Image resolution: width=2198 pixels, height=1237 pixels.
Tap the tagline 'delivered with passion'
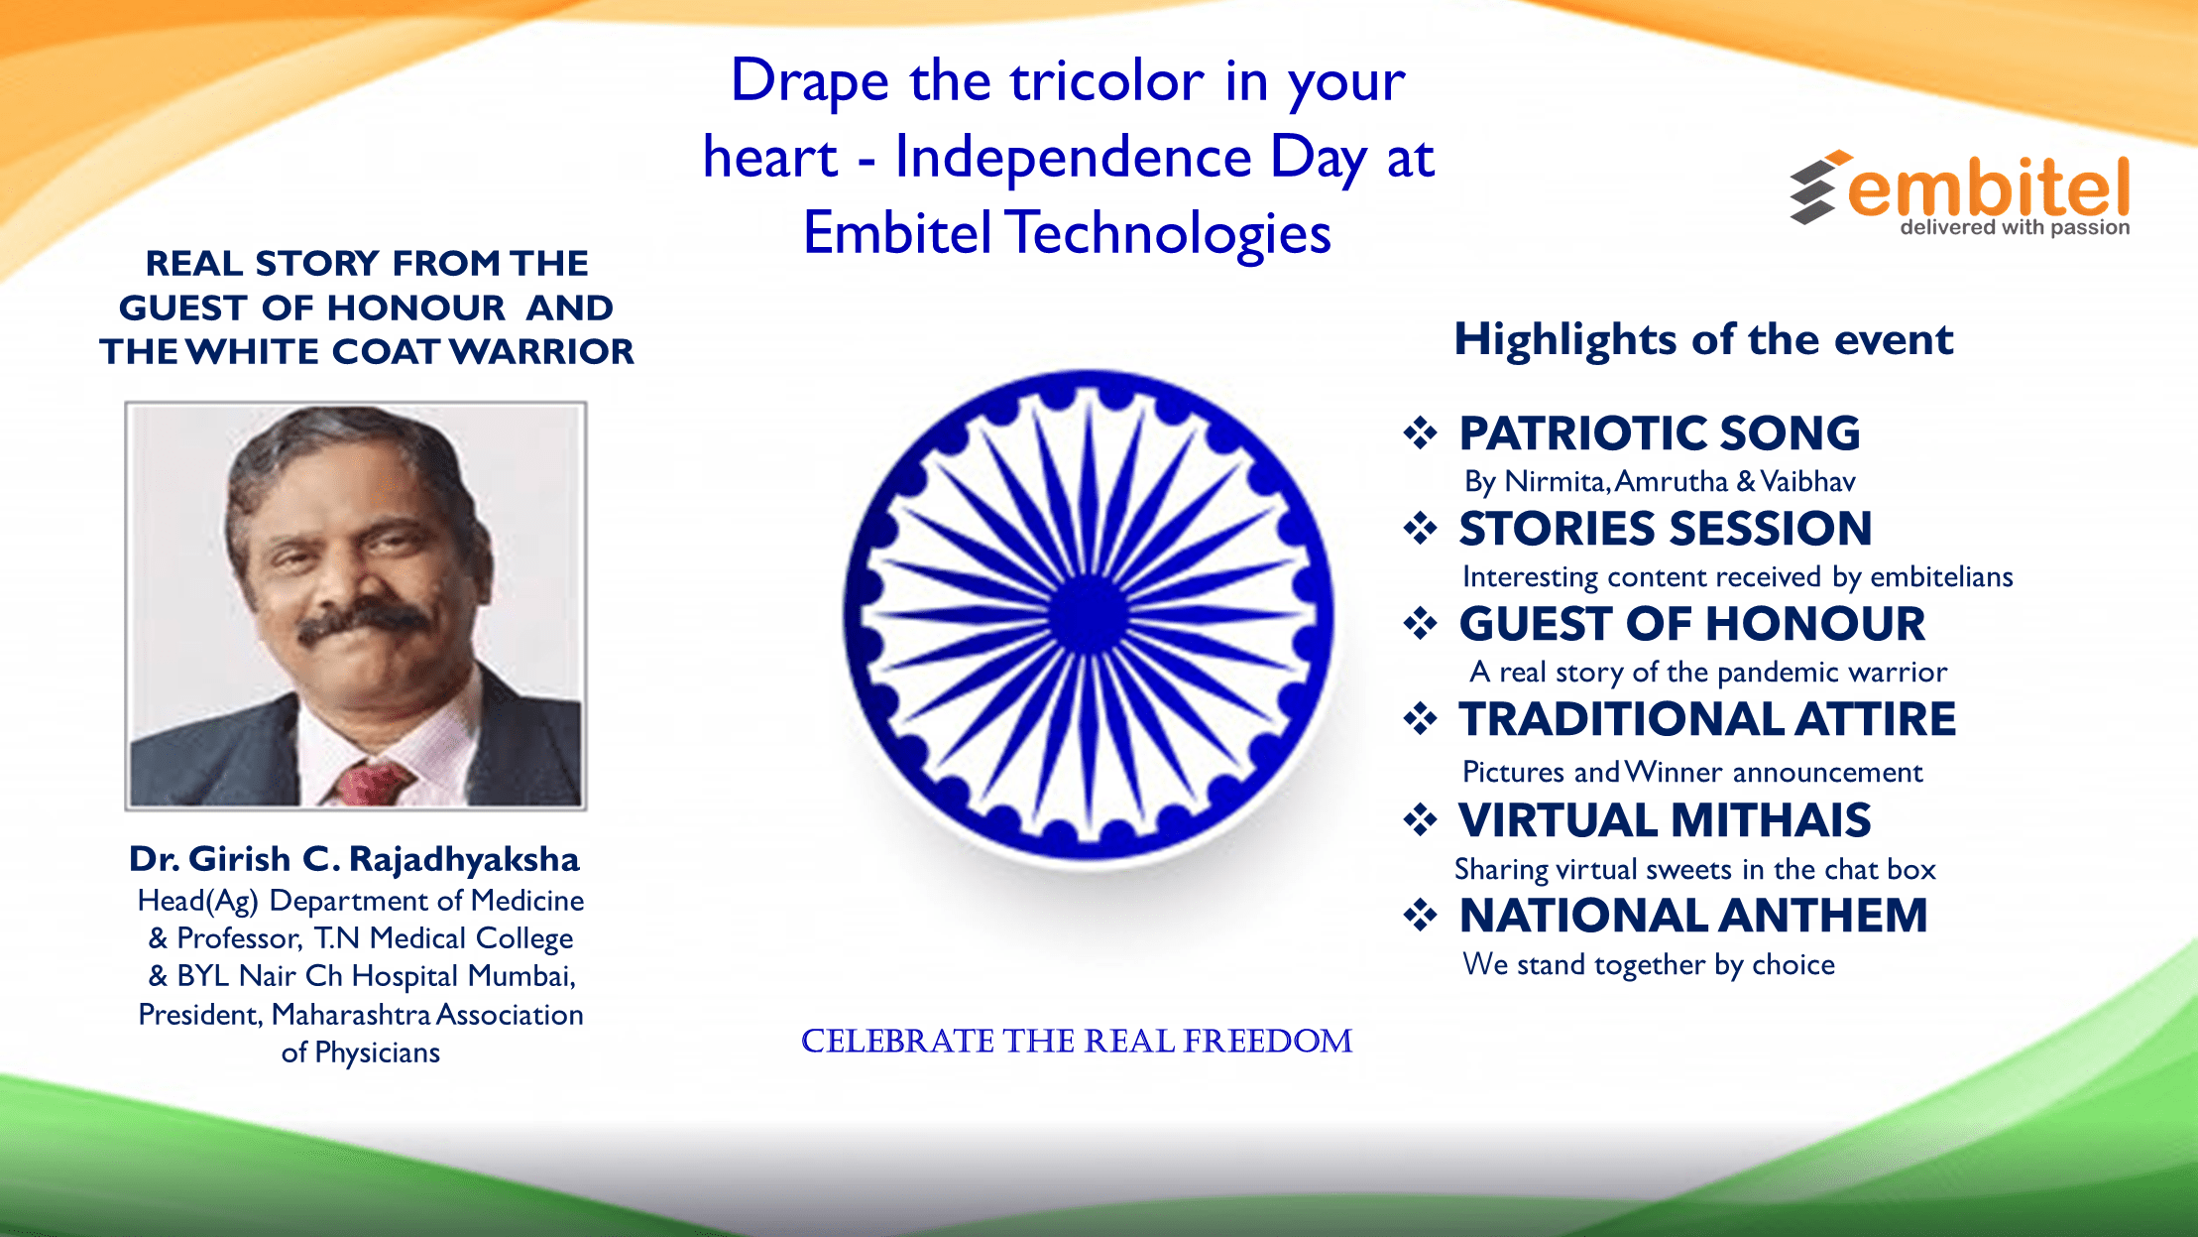click(2015, 227)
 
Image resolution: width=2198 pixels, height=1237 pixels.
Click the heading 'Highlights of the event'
click(1703, 340)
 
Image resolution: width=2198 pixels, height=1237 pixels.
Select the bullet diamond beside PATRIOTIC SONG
click(1420, 433)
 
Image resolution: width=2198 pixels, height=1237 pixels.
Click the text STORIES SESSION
click(1666, 528)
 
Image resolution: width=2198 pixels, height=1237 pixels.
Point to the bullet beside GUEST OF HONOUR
click(1420, 623)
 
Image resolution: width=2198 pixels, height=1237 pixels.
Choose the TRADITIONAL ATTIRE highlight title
click(1707, 719)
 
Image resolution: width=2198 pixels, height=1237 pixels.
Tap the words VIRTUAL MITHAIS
click(1665, 820)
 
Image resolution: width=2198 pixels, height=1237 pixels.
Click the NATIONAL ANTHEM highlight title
click(1693, 916)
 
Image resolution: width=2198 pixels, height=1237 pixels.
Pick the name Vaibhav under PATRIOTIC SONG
click(1807, 481)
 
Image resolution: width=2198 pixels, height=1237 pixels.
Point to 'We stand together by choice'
click(1649, 965)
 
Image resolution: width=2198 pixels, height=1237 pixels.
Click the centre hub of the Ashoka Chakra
click(1089, 615)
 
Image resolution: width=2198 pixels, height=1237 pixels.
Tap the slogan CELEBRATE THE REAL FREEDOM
click(1077, 1041)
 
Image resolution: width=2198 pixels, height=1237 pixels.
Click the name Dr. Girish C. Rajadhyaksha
click(354, 859)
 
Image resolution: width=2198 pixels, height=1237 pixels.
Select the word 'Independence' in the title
click(1073, 157)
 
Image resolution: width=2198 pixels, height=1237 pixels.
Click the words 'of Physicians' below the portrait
click(360, 1052)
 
